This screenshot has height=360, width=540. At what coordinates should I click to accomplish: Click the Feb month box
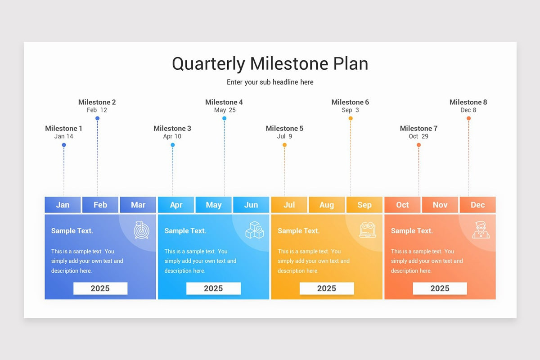pyautogui.click(x=100, y=205)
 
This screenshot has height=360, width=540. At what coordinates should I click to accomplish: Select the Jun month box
pyautogui.click(x=251, y=205)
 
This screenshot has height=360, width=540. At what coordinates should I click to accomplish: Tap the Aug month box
pyautogui.click(x=327, y=205)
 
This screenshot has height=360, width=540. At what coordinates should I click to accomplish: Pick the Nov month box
pyautogui.click(x=440, y=205)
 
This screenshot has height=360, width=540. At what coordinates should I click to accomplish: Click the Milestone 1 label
pyautogui.click(x=63, y=128)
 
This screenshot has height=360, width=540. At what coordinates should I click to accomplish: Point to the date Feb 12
pyautogui.click(x=97, y=110)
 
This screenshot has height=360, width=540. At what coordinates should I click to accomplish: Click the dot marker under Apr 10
pyautogui.click(x=172, y=145)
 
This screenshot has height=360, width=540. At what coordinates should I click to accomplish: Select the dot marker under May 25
pyautogui.click(x=224, y=118)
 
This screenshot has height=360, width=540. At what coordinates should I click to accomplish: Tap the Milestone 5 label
pyautogui.click(x=284, y=128)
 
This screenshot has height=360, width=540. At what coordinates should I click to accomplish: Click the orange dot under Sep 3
pyautogui.click(x=351, y=118)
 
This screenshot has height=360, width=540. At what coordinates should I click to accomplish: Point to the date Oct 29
pyautogui.click(x=418, y=136)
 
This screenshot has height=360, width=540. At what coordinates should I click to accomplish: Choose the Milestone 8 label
pyautogui.click(x=468, y=102)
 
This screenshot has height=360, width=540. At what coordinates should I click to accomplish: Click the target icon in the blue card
pyautogui.click(x=141, y=229)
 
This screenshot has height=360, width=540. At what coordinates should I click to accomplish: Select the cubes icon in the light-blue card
pyautogui.click(x=254, y=229)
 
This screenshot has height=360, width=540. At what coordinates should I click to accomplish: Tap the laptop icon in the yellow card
pyautogui.click(x=368, y=229)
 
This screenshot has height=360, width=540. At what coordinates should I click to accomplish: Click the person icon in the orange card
pyautogui.click(x=481, y=229)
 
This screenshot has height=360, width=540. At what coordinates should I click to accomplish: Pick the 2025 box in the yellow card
pyautogui.click(x=327, y=288)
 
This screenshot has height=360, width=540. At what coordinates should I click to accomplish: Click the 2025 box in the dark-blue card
pyautogui.click(x=100, y=288)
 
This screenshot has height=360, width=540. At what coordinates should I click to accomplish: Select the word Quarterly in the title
pyautogui.click(x=208, y=63)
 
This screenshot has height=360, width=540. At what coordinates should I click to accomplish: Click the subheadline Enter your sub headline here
pyautogui.click(x=270, y=82)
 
